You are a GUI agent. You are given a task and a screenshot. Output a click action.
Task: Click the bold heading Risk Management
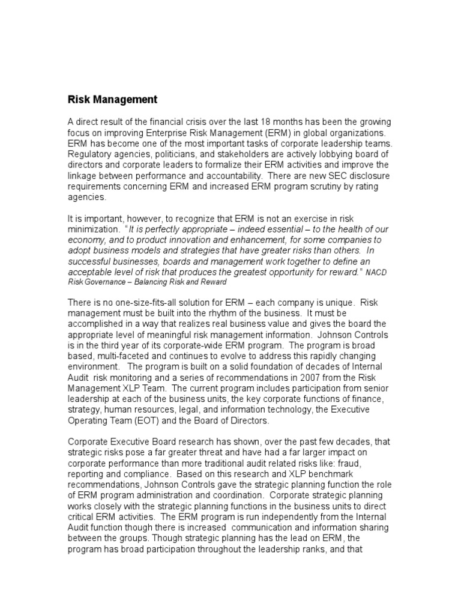click(x=112, y=100)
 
